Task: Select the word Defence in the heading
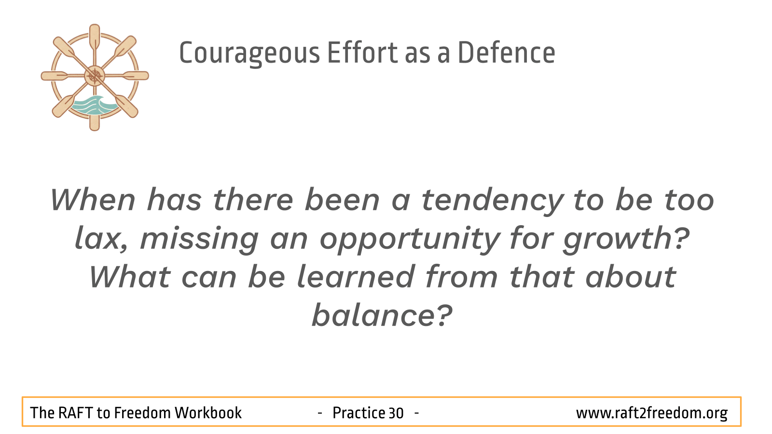pyautogui.click(x=506, y=53)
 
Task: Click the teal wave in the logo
pyautogui.click(x=94, y=105)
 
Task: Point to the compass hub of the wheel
pyautogui.click(x=95, y=76)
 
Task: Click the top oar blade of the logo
pyautogui.click(x=95, y=36)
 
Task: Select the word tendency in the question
pyautogui.click(x=493, y=201)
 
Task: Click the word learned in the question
pyautogui.click(x=355, y=277)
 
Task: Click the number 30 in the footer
pyautogui.click(x=396, y=413)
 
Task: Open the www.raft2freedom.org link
pyautogui.click(x=652, y=413)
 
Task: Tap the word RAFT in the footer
pyautogui.click(x=75, y=413)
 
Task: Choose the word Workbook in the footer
pyautogui.click(x=208, y=413)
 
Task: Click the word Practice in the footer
pyautogui.click(x=358, y=413)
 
